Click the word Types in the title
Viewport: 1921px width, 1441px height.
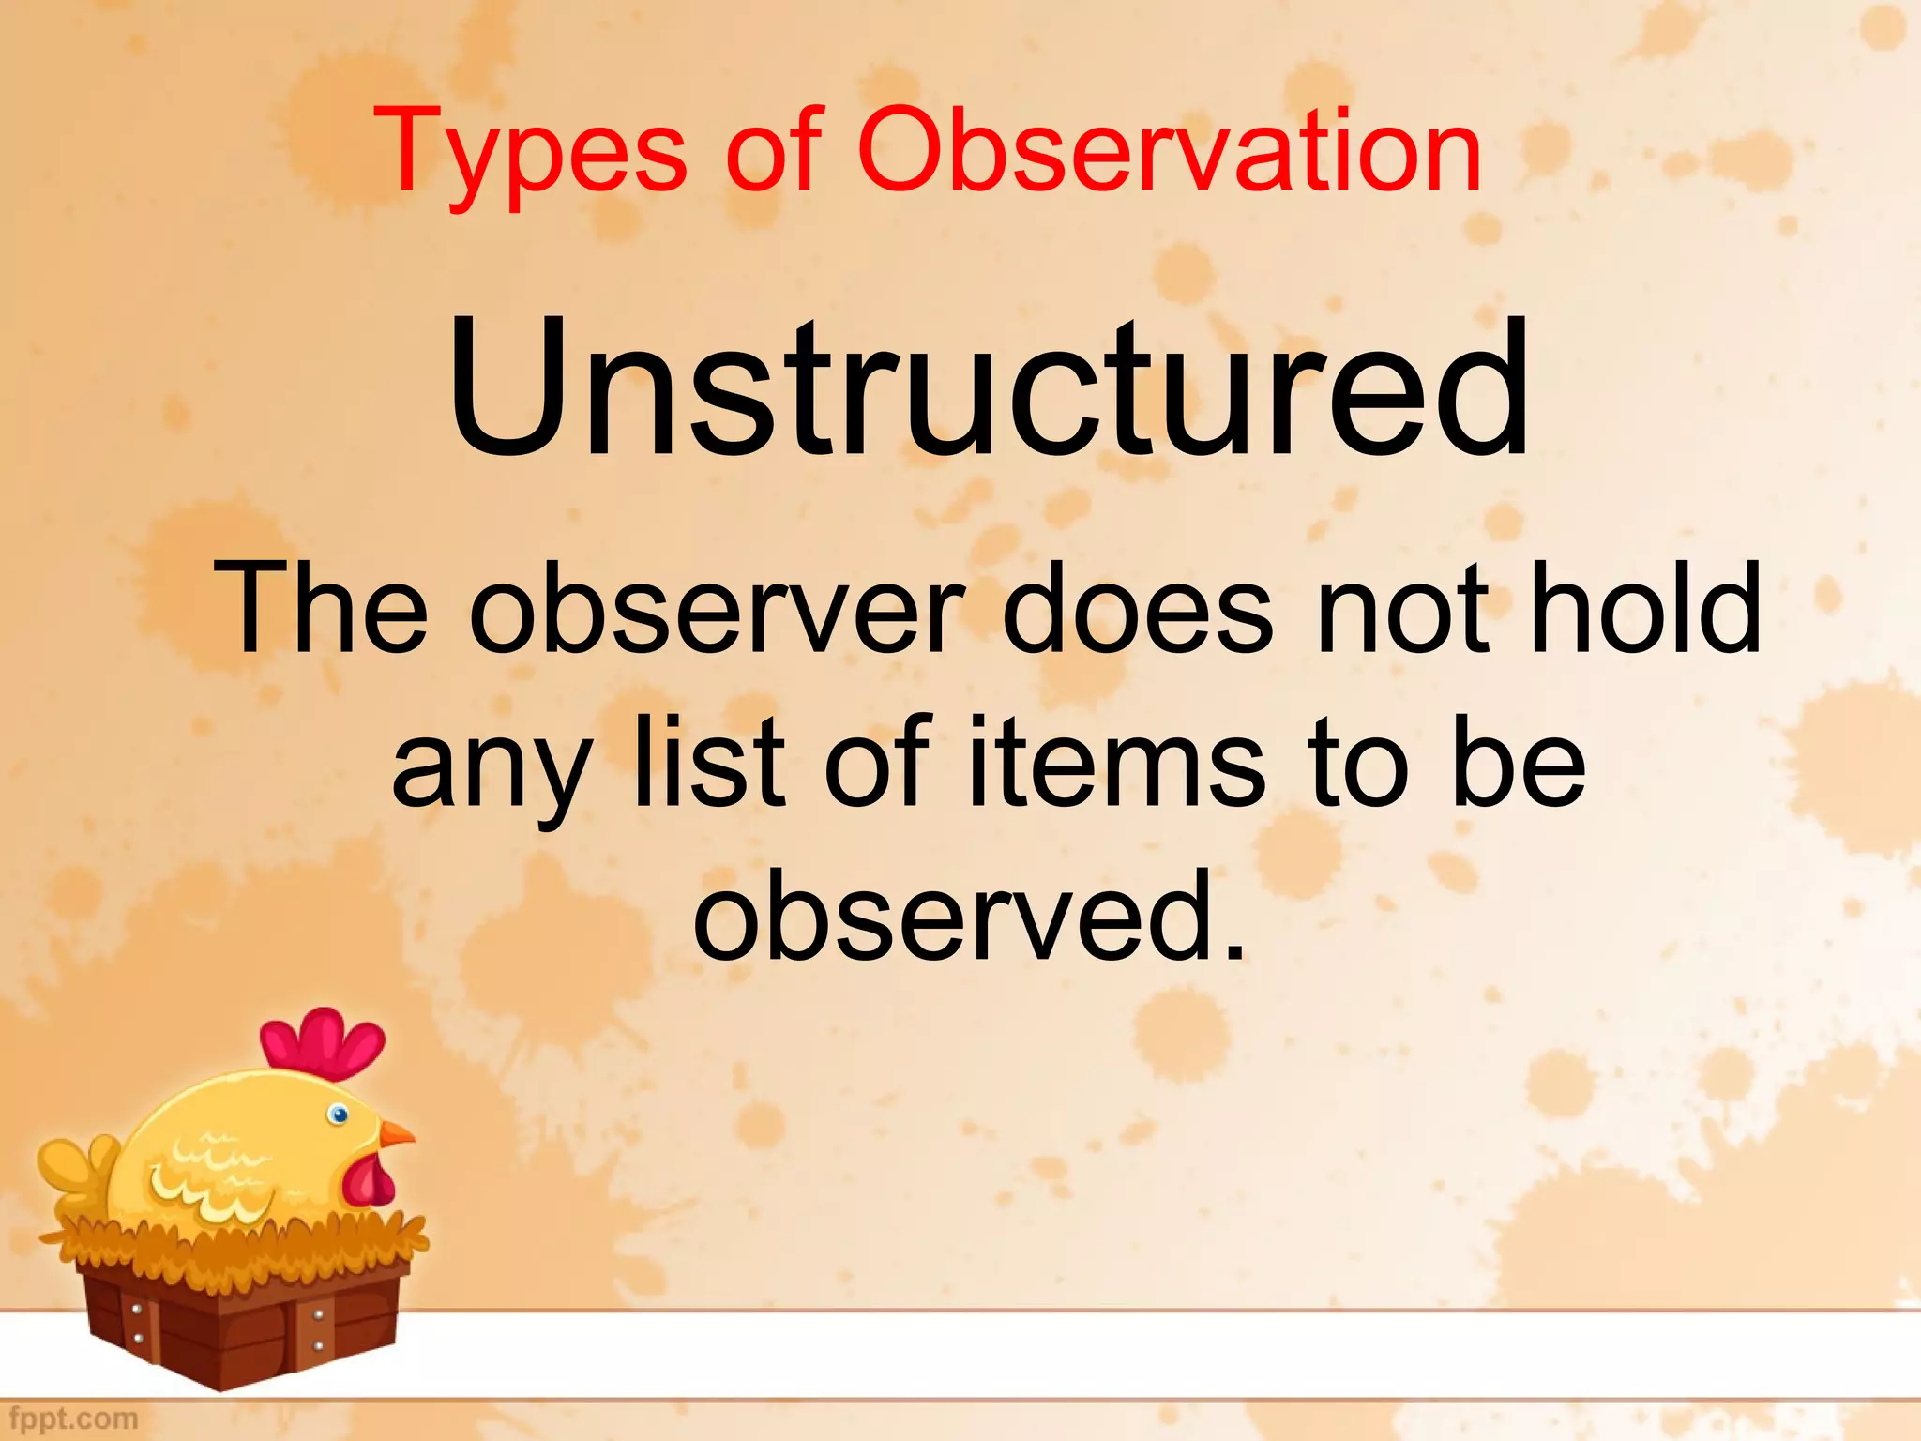[x=530, y=153]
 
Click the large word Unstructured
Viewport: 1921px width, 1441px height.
[x=987, y=389]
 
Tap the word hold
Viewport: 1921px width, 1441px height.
[x=1646, y=608]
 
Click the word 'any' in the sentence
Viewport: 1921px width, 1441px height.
[x=492, y=765]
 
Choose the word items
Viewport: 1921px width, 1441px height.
[x=1116, y=760]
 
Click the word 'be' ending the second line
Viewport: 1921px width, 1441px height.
[x=1520, y=760]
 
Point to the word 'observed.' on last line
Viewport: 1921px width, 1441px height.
[x=971, y=915]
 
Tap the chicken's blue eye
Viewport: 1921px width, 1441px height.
[x=339, y=1115]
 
